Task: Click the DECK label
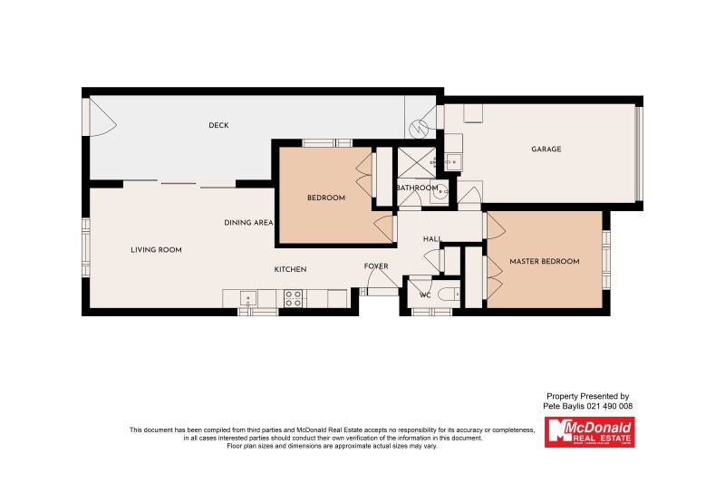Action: point(218,125)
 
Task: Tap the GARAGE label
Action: point(546,150)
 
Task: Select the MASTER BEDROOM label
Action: point(544,262)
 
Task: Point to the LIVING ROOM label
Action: point(157,249)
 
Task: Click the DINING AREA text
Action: point(249,222)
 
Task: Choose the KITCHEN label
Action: point(291,269)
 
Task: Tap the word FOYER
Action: point(376,266)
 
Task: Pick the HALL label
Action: point(431,239)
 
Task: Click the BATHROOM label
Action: point(417,188)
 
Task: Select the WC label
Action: point(424,295)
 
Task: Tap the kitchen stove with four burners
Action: point(293,298)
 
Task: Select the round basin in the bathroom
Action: point(441,191)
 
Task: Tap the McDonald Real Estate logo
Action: point(589,431)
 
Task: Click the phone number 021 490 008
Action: point(610,407)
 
